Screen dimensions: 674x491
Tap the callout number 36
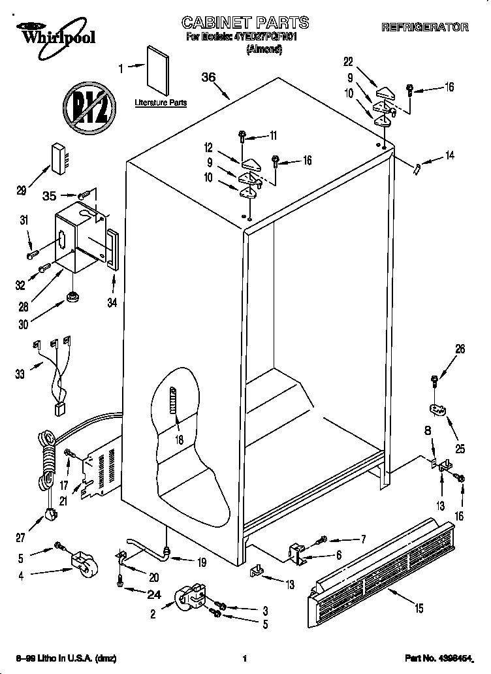point(208,77)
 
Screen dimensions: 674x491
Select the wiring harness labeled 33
point(55,376)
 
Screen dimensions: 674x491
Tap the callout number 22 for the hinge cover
point(348,62)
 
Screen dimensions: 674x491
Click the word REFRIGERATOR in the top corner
point(424,27)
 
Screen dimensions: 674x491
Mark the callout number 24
point(154,594)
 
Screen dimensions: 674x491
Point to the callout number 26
point(460,349)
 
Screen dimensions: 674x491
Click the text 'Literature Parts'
point(161,103)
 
